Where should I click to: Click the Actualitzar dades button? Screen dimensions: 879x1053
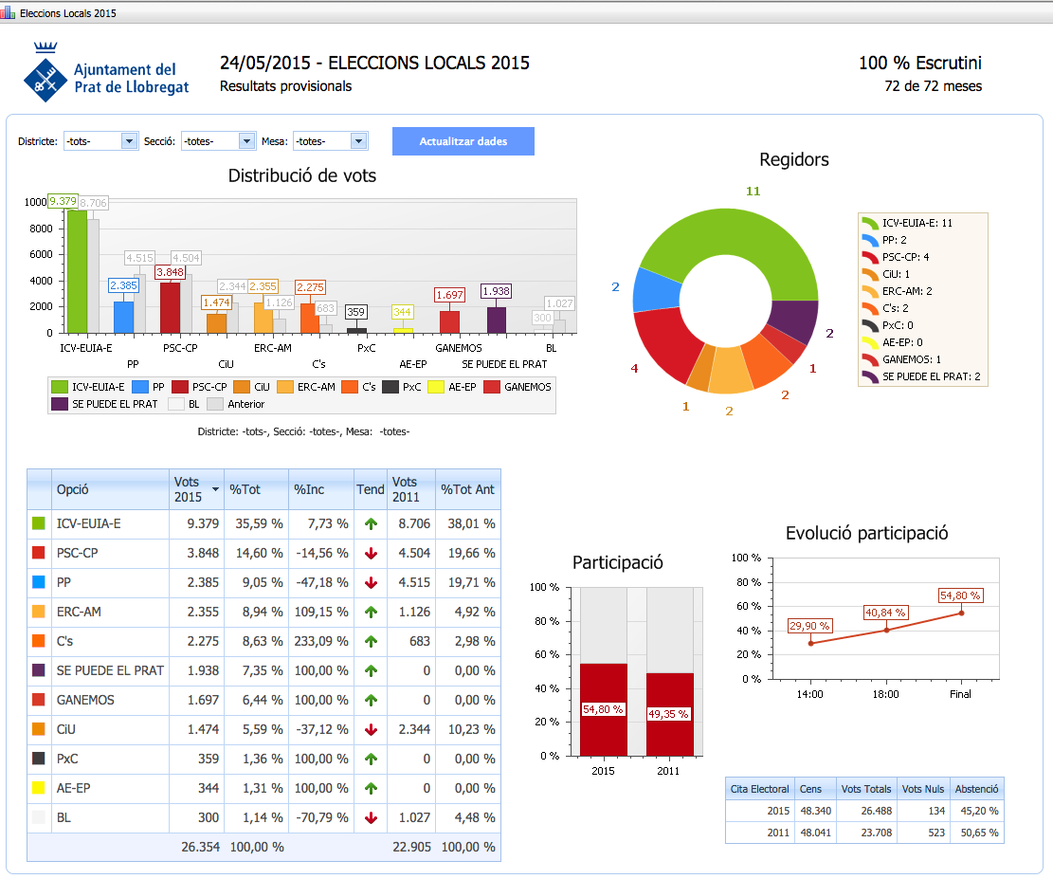pyautogui.click(x=463, y=141)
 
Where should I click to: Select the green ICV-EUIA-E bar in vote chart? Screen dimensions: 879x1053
pyautogui.click(x=77, y=270)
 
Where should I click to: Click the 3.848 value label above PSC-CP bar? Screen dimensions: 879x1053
pyautogui.click(x=170, y=272)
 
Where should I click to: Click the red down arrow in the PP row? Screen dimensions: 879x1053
pyautogui.click(x=371, y=582)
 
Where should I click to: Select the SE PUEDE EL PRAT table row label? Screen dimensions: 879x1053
pyautogui.click(x=110, y=670)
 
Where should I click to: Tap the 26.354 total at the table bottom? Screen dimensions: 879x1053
pyautogui.click(x=200, y=847)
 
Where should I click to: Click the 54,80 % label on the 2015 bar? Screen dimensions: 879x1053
pyautogui.click(x=603, y=709)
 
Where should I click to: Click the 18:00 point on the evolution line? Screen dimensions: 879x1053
pyautogui.click(x=886, y=630)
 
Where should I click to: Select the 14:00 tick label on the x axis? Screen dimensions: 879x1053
pyautogui.click(x=810, y=694)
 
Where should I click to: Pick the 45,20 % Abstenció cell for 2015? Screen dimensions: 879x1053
pyautogui.click(x=976, y=811)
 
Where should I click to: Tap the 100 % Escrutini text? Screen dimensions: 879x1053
pyautogui.click(x=919, y=64)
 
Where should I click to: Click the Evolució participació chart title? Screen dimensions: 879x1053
pyautogui.click(x=866, y=534)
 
